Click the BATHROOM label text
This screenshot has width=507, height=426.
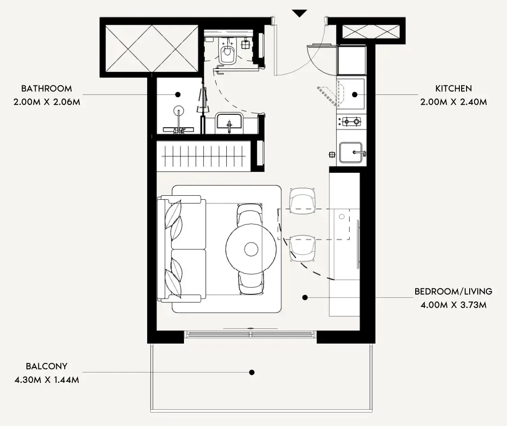point(47,89)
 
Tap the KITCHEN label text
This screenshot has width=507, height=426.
point(453,89)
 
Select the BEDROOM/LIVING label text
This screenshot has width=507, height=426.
point(453,291)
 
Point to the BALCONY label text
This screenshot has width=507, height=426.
point(47,366)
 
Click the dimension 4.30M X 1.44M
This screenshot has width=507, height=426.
point(47,380)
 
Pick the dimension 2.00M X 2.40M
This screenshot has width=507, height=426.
point(453,102)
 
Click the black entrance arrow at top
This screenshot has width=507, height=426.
point(300,13)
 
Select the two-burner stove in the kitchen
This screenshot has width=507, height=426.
point(351,121)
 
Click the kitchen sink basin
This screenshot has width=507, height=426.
point(351,152)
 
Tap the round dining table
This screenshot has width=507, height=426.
point(251,249)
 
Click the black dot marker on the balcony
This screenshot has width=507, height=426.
point(252,372)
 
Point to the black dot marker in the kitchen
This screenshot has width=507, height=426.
point(354,95)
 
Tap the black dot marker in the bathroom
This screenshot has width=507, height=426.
point(178,95)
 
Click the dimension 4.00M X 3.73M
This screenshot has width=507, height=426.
point(453,305)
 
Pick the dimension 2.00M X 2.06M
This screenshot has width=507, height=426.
point(47,102)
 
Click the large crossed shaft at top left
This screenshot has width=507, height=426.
point(152,49)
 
